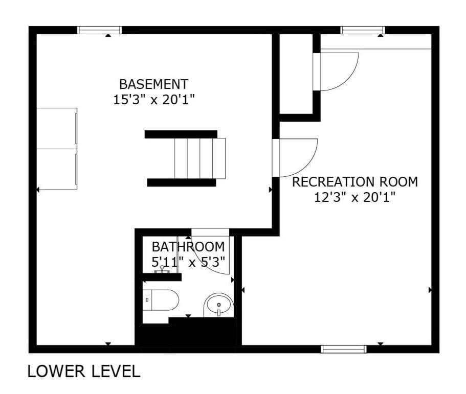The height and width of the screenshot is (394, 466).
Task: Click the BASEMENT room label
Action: coord(153,84)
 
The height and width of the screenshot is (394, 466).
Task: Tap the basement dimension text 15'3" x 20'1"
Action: coord(153,100)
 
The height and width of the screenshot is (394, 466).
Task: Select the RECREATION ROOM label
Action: coord(355,182)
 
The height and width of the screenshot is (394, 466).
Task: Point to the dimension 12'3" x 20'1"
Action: coord(355,197)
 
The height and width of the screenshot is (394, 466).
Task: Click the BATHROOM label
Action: coord(188,247)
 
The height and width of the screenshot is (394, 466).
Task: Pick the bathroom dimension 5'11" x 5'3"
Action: coord(188,262)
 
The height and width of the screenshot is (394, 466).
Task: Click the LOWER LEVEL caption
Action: coord(84,372)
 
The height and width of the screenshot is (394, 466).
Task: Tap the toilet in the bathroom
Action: coord(161,300)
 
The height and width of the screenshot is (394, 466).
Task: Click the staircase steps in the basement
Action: coord(199,158)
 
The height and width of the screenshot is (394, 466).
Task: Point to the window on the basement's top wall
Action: coord(100,30)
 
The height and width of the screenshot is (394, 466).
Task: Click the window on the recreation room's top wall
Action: coord(363,30)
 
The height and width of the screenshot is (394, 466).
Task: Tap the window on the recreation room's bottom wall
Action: coord(344,349)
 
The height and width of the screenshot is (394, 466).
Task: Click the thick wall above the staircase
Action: coord(181,134)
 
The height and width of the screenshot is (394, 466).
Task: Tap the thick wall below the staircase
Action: coord(182,182)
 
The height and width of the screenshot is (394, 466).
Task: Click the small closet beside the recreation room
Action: coord(296,74)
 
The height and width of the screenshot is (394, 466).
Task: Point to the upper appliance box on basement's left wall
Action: coord(57,128)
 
